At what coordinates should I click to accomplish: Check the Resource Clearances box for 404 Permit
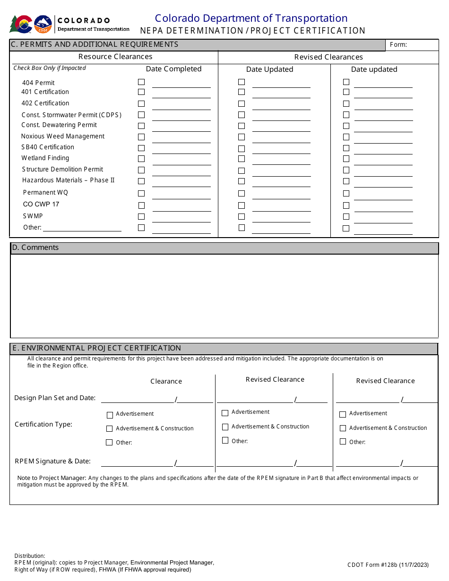pyautogui.click(x=141, y=82)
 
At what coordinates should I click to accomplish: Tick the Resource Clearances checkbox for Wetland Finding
pyautogui.click(x=141, y=159)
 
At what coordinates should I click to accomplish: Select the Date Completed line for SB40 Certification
pyautogui.click(x=181, y=153)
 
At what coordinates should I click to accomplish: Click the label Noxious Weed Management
pyautogui.click(x=63, y=137)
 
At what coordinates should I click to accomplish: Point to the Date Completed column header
pyautogui.click(x=173, y=69)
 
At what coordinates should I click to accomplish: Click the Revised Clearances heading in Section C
pyautogui.click(x=328, y=57)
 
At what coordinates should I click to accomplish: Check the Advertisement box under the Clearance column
pyautogui.click(x=110, y=415)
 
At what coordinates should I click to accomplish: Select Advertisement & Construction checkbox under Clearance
pyautogui.click(x=110, y=429)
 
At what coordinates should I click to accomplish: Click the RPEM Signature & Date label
pyautogui.click(x=52, y=461)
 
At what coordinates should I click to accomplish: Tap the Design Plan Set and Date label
pyautogui.click(x=55, y=398)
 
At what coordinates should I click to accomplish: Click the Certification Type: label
pyautogui.click(x=43, y=424)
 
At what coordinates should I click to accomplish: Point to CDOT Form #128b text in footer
pyautogui.click(x=388, y=564)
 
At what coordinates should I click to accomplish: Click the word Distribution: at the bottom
pyautogui.click(x=30, y=556)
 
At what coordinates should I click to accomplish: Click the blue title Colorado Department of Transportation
pyautogui.click(x=251, y=18)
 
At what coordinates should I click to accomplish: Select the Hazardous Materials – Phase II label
pyautogui.click(x=68, y=180)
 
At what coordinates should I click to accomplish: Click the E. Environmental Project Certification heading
pyautogui.click(x=97, y=348)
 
